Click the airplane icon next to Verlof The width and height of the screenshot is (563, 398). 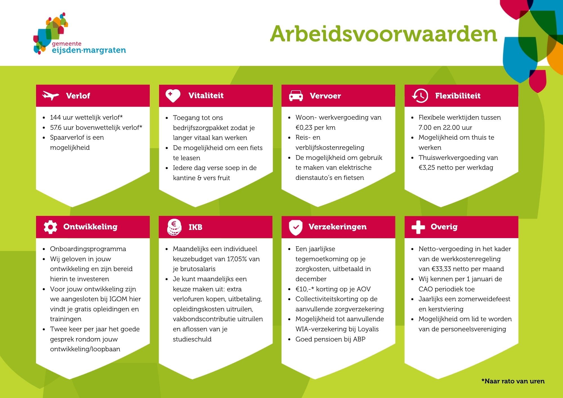point(51,96)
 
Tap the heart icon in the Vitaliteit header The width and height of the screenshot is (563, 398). point(173,96)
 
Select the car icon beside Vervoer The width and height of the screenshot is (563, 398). point(296,96)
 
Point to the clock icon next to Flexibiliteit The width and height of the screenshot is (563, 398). point(420,96)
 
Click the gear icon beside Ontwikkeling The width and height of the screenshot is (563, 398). point(50,227)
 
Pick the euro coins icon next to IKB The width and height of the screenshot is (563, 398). point(174,227)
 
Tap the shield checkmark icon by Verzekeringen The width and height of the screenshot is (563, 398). point(296,227)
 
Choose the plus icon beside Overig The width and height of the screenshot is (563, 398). point(418,227)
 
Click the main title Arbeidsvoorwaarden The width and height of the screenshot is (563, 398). point(384,34)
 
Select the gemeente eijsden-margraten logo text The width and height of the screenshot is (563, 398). point(89,48)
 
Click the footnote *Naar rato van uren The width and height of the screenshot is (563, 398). point(513,381)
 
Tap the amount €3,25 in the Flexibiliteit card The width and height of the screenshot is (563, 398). point(427,167)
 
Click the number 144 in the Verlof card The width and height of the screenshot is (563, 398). point(55,117)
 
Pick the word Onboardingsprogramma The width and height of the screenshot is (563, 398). point(88,249)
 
